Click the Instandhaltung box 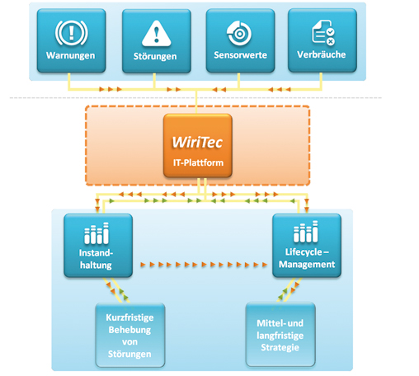tap(98, 245)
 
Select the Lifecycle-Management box tap(305, 245)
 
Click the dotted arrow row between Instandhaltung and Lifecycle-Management tap(202, 266)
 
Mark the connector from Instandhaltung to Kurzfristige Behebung tap(114, 289)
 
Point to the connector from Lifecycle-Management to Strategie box tap(290, 289)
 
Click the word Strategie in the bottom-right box tap(282, 346)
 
